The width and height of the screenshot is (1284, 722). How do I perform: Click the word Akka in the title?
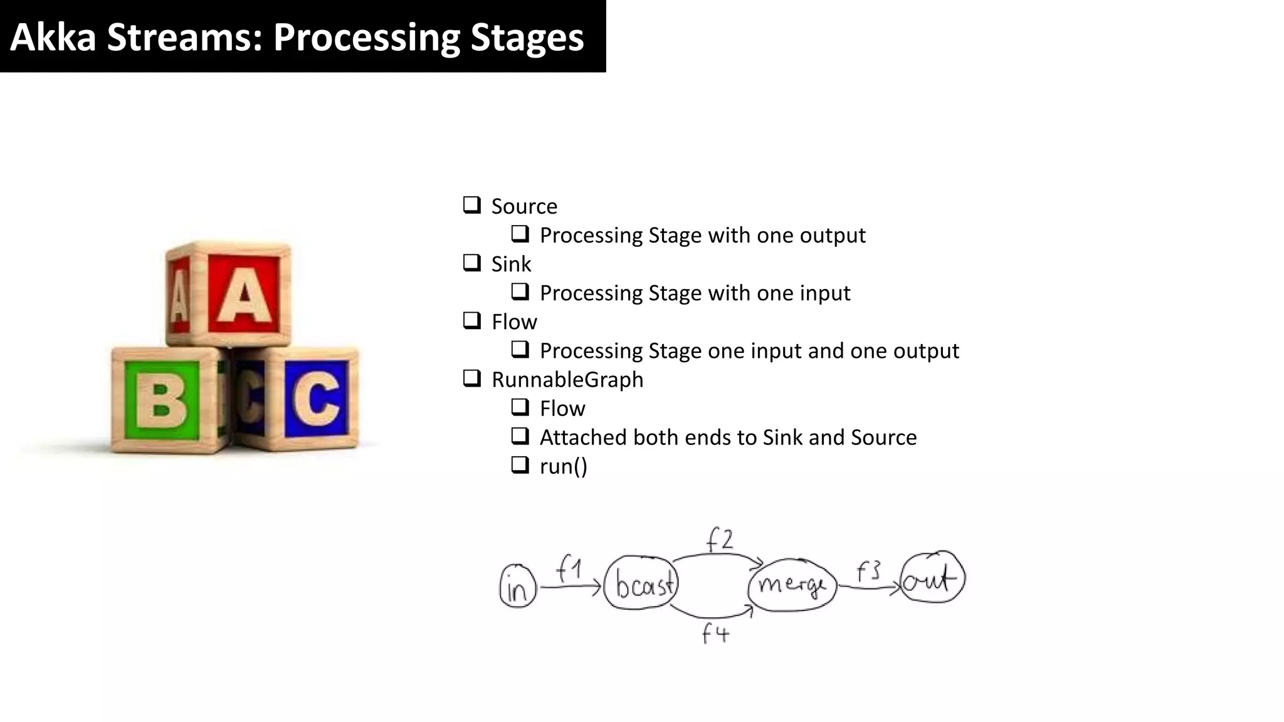point(53,37)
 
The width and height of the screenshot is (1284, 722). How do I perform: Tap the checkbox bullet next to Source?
point(471,205)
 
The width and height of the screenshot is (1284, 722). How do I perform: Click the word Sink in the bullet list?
point(510,264)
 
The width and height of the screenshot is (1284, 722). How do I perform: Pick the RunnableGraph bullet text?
point(567,380)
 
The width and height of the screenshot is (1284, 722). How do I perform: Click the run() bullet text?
point(563,466)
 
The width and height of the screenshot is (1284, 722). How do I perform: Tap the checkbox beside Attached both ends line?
point(520,436)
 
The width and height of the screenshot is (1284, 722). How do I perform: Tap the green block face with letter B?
point(162,400)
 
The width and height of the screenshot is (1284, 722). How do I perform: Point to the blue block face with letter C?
point(316,399)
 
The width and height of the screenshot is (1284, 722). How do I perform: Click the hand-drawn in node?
point(518,587)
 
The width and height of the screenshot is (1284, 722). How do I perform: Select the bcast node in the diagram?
point(641,583)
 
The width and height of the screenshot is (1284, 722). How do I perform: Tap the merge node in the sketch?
point(792,585)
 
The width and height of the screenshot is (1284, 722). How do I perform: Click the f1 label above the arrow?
point(569,570)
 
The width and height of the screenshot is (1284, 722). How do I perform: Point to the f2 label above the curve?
point(719,540)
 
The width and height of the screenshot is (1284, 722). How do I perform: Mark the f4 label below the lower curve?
point(715,634)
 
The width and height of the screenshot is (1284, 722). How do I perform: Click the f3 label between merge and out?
point(868,571)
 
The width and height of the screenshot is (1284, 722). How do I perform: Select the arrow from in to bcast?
point(571,587)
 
